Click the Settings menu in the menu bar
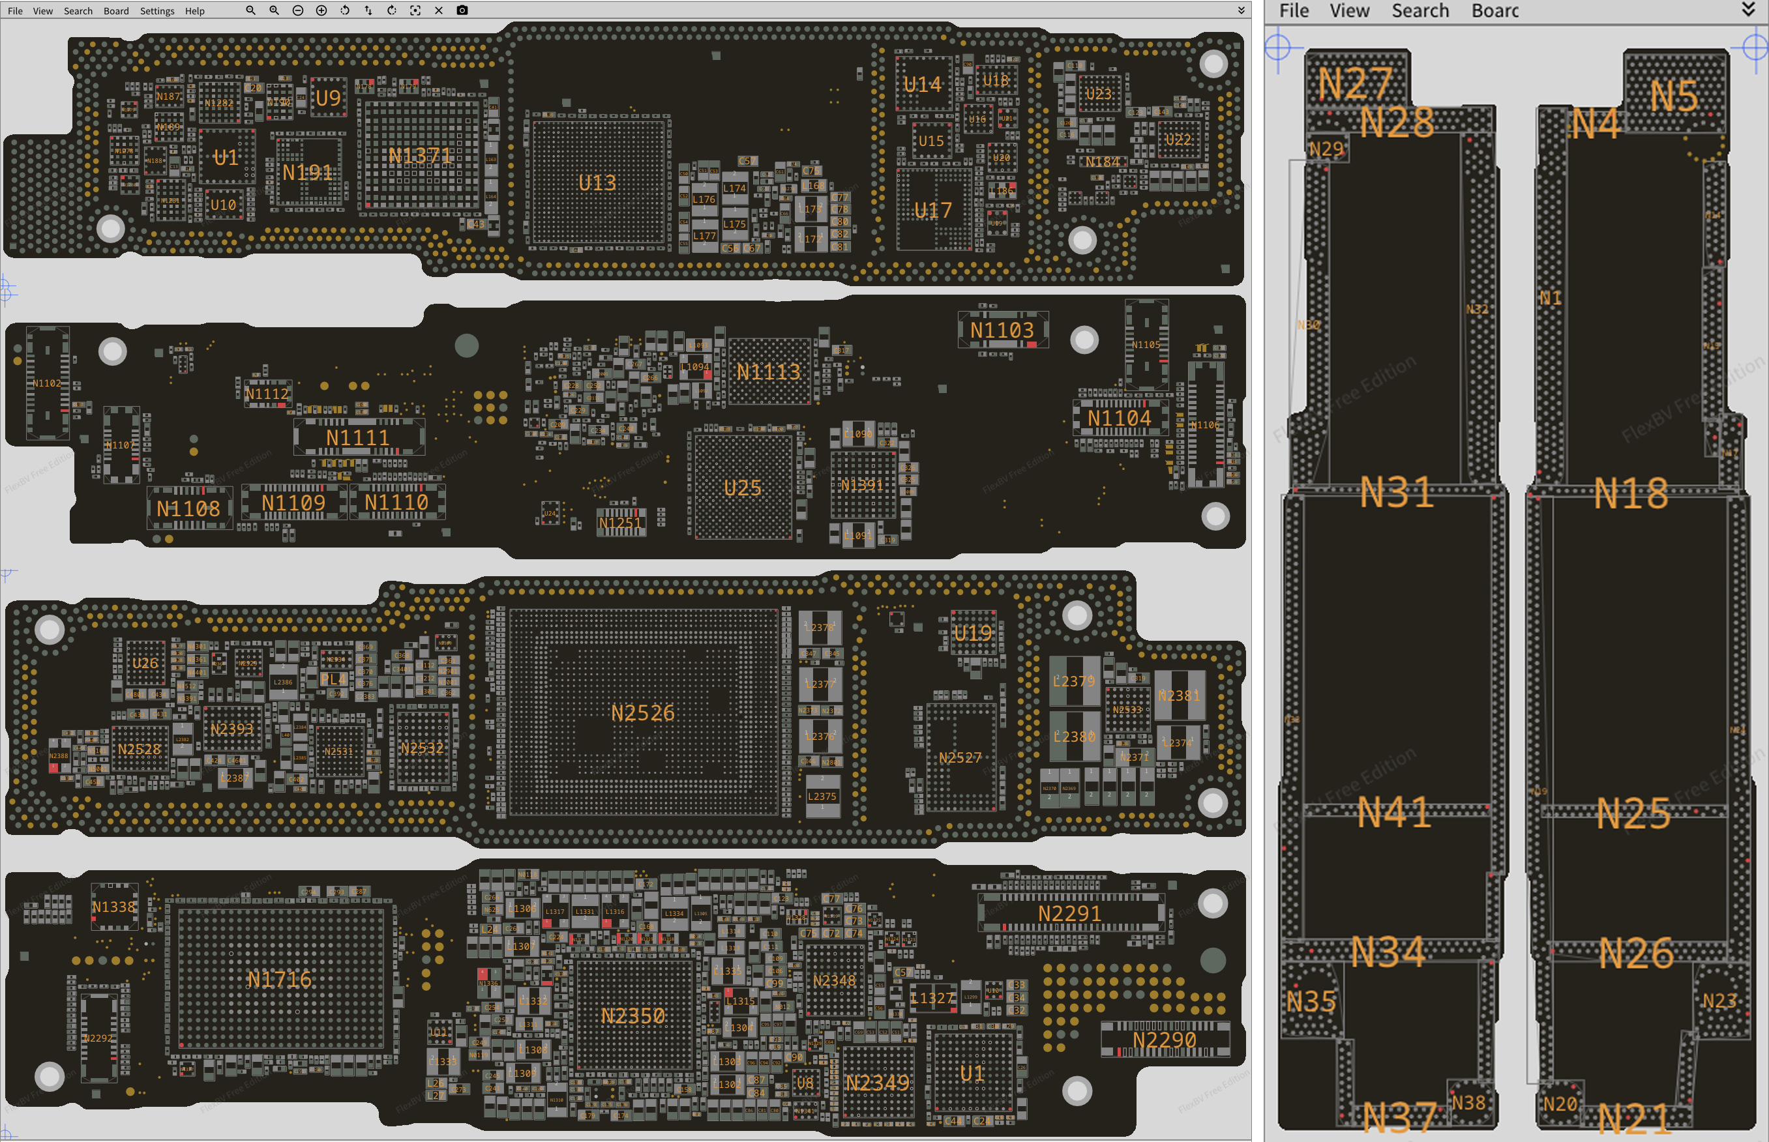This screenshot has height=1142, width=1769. click(156, 11)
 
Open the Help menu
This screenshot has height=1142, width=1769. click(194, 11)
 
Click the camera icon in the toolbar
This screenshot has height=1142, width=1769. click(462, 10)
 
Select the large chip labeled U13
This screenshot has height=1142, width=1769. click(597, 183)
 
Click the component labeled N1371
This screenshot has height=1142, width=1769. click(420, 156)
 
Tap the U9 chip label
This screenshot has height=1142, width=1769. click(328, 98)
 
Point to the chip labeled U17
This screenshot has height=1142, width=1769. click(933, 211)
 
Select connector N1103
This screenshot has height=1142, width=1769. click(1002, 330)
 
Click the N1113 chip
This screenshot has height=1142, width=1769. click(768, 372)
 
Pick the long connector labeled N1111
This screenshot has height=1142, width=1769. click(358, 437)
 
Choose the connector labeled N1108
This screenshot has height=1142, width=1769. click(188, 508)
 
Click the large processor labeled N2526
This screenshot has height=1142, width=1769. click(642, 712)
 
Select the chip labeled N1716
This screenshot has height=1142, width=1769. click(280, 980)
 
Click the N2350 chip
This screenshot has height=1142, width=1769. click(632, 1015)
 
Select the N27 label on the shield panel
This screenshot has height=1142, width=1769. click(1354, 83)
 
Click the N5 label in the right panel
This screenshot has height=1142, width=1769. click(1674, 96)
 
